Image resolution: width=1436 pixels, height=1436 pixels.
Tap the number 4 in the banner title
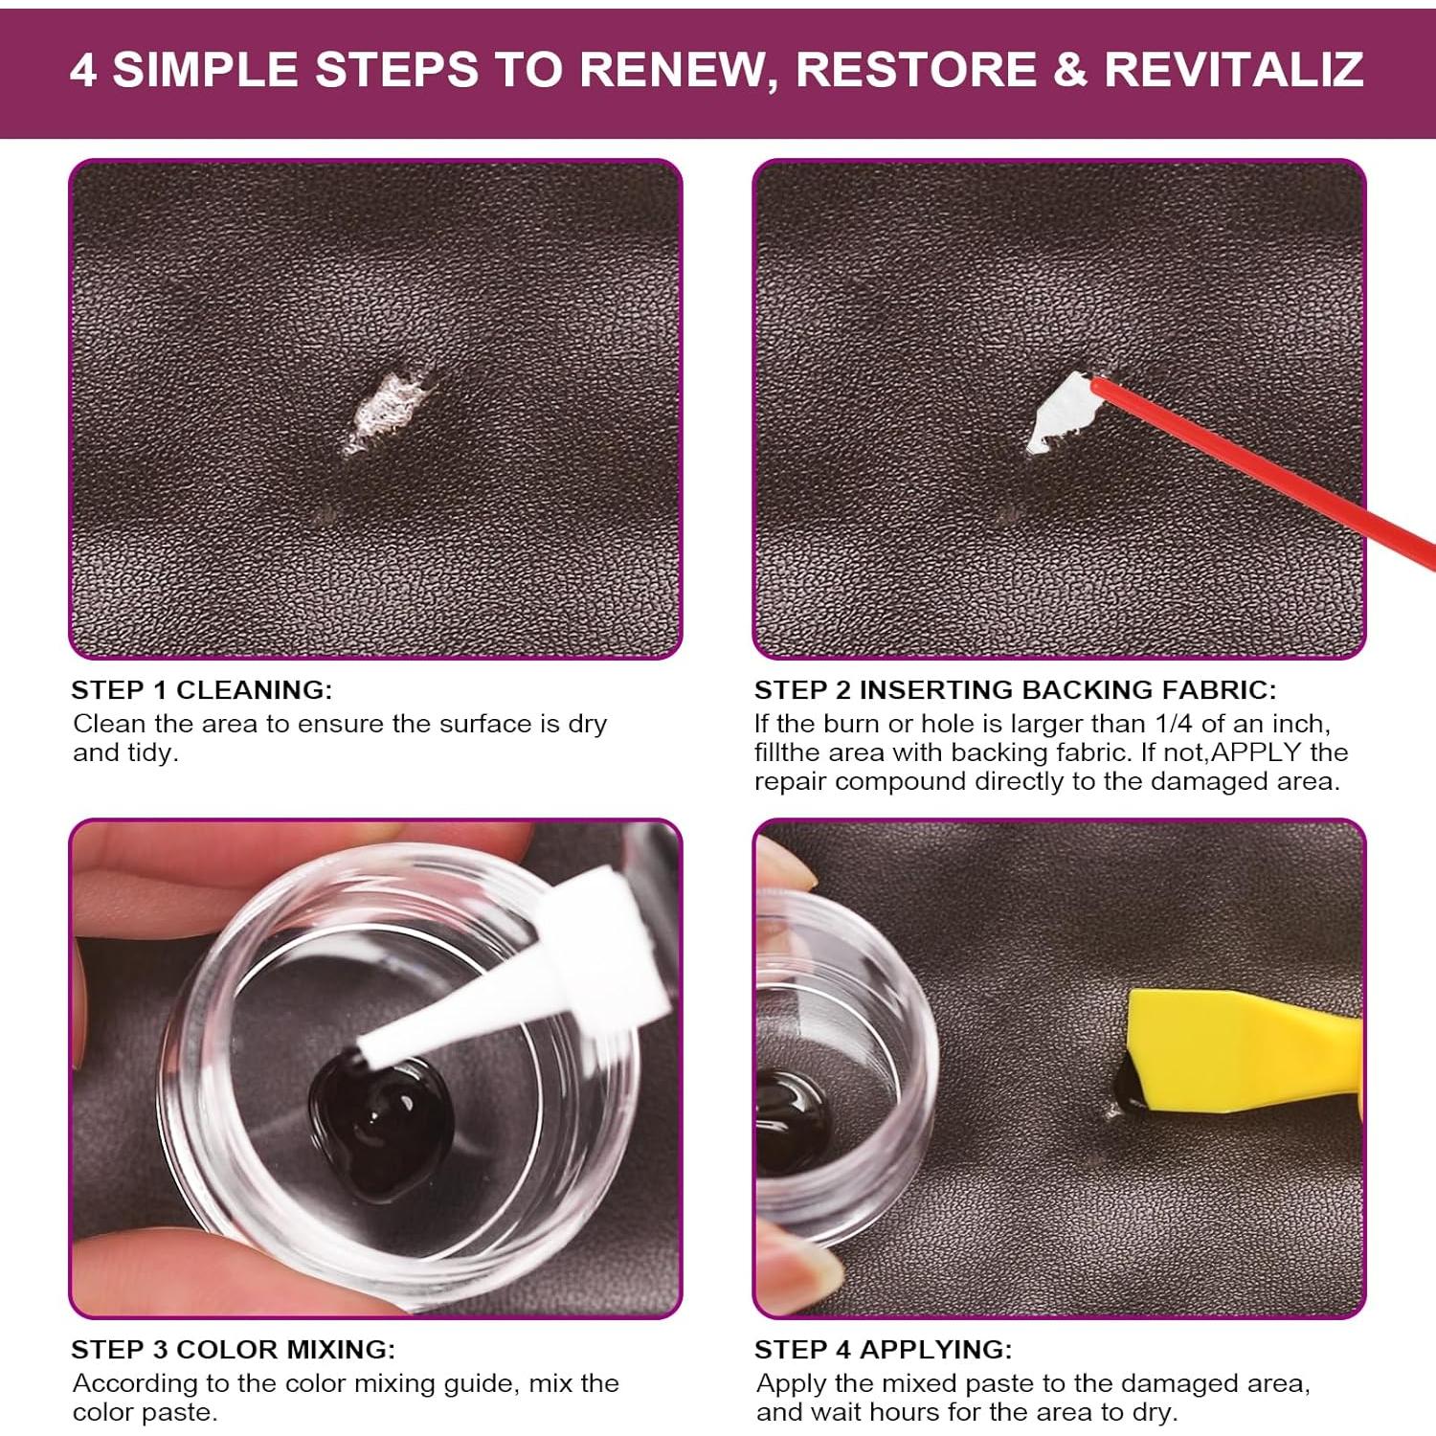[84, 70]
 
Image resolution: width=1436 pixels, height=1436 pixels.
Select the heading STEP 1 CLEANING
[202, 689]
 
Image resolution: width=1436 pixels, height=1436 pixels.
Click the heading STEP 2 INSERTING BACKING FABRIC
[1015, 689]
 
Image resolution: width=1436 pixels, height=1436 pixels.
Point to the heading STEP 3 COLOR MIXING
[233, 1349]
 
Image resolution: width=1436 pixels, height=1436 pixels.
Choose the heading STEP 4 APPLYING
[883, 1349]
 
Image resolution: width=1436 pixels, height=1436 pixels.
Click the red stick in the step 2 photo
[1264, 469]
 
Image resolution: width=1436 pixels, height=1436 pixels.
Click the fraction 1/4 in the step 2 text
[1173, 724]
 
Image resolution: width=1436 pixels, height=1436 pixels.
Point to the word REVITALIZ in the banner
[1234, 70]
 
